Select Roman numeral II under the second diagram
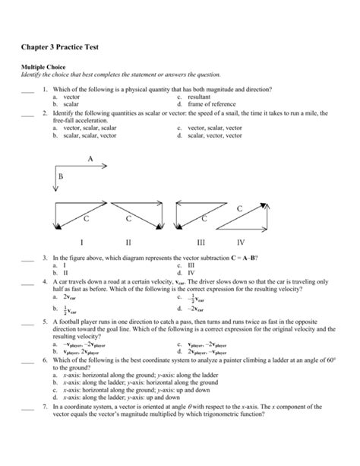click(128, 243)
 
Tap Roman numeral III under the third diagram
click(201, 243)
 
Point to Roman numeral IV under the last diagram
click(241, 243)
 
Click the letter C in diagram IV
click(240, 208)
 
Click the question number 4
click(46, 281)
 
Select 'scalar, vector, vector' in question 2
click(211, 135)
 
